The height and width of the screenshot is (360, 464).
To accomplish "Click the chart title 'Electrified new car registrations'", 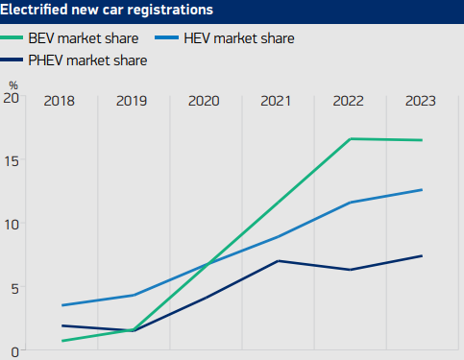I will pos(109,12).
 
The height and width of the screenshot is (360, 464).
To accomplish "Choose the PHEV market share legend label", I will pos(93,60).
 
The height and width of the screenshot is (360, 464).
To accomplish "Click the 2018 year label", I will pos(61,101).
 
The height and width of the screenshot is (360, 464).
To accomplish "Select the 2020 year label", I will pos(205,101).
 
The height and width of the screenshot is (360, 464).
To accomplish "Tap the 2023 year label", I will pos(421,101).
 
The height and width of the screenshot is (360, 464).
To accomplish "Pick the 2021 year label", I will pos(277,101).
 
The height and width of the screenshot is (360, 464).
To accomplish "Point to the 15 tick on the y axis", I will pos(11,160).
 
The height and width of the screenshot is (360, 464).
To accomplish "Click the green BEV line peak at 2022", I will pos(350,139).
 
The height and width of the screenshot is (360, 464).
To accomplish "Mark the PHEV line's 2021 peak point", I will pos(278,261).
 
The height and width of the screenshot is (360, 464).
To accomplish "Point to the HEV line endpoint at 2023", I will pos(422,190).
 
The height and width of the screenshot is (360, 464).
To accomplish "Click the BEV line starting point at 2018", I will pos(61,341).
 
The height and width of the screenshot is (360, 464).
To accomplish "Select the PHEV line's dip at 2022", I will pos(350,270).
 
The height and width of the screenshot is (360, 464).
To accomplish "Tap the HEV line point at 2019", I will pos(134,295).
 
